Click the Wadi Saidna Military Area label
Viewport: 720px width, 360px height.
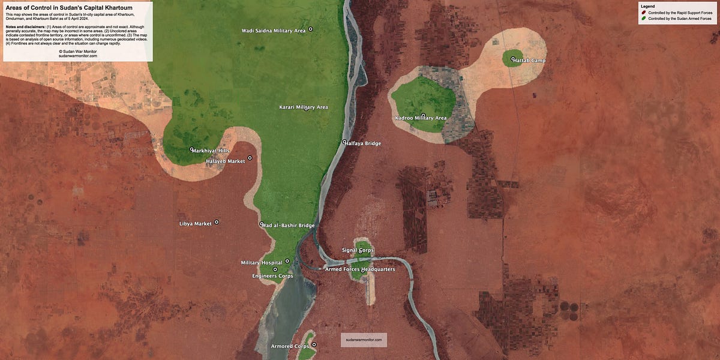click(x=273, y=31)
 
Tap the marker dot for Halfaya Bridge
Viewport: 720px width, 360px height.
click(x=344, y=142)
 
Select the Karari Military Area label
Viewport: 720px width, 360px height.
click(x=304, y=107)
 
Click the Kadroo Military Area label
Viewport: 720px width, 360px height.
click(x=421, y=118)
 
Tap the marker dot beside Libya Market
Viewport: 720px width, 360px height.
click(x=217, y=222)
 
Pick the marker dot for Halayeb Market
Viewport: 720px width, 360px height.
click(x=250, y=158)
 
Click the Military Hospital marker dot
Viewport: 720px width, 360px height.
click(x=287, y=261)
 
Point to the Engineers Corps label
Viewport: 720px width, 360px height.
click(x=273, y=276)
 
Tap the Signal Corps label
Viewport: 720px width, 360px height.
click(x=358, y=250)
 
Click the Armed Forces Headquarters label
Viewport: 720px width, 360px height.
click(x=360, y=269)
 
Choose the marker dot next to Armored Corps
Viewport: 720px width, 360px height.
click(x=314, y=344)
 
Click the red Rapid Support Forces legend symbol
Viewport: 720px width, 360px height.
click(x=644, y=13)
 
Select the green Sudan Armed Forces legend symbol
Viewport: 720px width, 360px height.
click(x=644, y=19)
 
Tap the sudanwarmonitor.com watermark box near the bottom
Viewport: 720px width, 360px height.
click(x=364, y=340)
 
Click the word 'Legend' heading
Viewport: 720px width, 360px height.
click(x=648, y=6)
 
